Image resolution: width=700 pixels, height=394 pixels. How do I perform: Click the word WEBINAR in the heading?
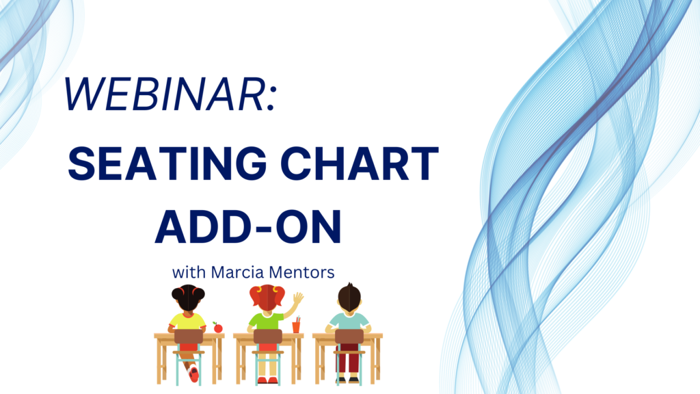pos(164,94)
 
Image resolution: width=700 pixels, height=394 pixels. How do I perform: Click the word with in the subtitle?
pos(189,272)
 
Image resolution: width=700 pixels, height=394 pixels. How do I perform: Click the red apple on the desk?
pos(218,328)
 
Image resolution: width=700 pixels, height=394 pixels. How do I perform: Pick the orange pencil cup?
pos(296,326)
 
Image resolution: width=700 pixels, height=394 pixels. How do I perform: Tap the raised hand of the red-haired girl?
pos(298,298)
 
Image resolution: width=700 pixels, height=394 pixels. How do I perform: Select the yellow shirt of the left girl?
pos(187,321)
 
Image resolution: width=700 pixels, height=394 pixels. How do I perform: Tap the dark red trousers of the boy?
pos(348,357)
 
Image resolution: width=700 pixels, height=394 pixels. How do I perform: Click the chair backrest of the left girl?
pos(189,337)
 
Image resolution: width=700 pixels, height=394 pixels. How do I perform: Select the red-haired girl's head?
pos(267,297)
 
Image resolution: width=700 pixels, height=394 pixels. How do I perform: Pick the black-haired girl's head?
pos(188,298)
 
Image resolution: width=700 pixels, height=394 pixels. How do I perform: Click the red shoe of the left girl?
pos(193,373)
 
